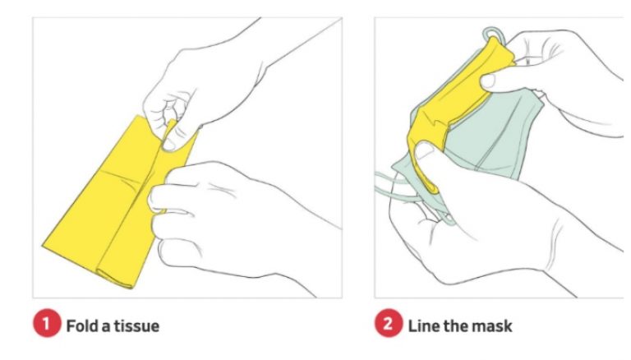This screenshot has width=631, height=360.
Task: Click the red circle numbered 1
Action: click(47, 323)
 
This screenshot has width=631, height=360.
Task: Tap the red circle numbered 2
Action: click(389, 323)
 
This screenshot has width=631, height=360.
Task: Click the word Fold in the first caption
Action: click(82, 325)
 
